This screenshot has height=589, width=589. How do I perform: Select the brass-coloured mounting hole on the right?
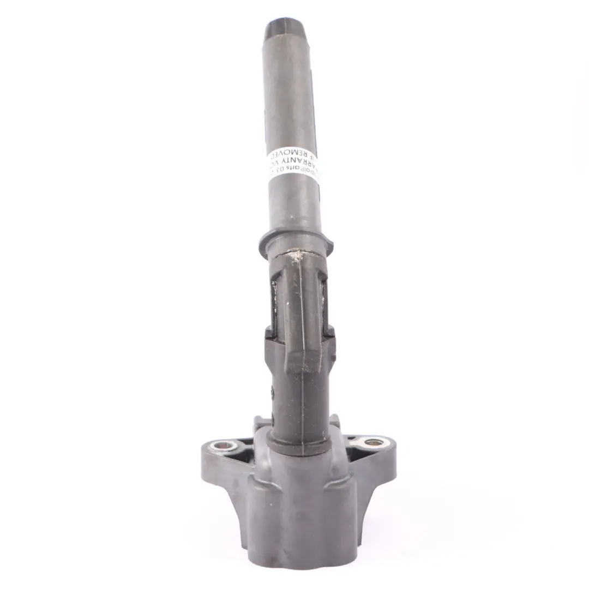[374, 442]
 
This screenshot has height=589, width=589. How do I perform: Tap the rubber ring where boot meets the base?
[299, 447]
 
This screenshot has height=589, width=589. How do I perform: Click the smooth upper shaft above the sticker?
[289, 98]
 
